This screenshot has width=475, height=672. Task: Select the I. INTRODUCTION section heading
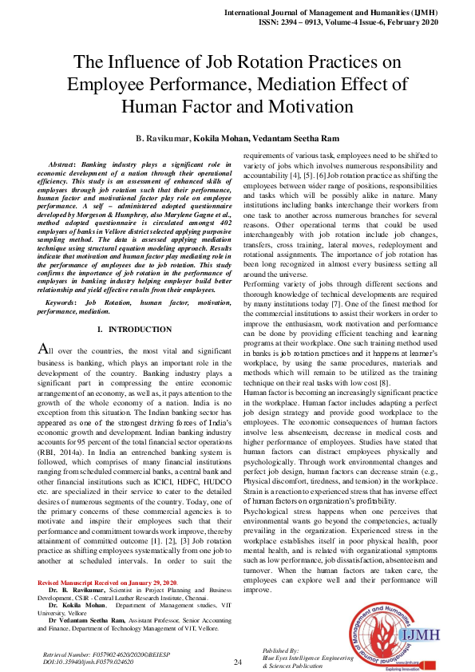pos(133,330)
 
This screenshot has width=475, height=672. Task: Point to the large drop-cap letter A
pos(44,350)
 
